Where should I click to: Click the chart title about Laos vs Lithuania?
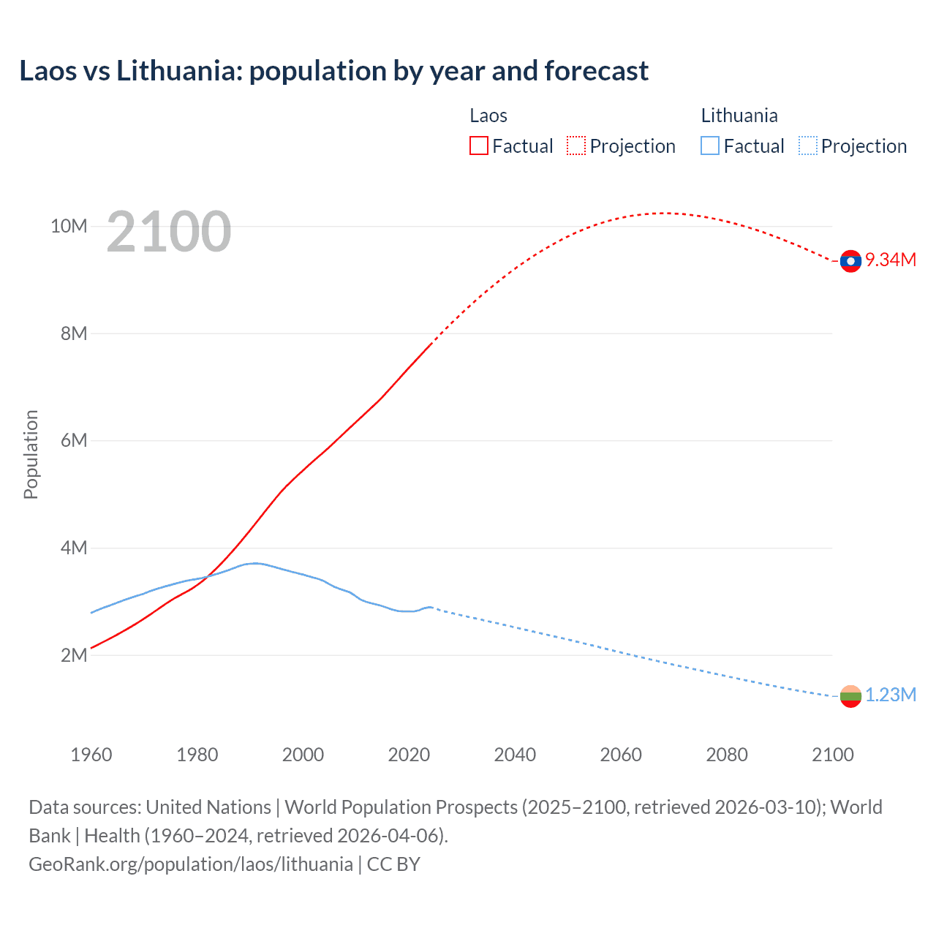[x=333, y=71]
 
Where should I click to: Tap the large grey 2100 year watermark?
[x=169, y=232]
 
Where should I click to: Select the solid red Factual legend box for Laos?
[x=478, y=146]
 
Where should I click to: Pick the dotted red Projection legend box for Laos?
[x=575, y=146]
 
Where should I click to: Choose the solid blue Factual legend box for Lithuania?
[x=709, y=146]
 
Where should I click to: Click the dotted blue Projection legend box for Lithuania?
[x=807, y=146]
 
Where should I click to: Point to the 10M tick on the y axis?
[x=69, y=226]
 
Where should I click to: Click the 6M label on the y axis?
[x=74, y=440]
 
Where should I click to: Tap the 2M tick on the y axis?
[x=74, y=655]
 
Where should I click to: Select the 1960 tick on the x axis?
[x=91, y=755]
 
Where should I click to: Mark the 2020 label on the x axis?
[x=409, y=755]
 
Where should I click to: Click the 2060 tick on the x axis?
[x=621, y=755]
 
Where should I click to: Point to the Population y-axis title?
[x=31, y=454]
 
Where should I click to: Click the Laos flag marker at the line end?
[x=850, y=261]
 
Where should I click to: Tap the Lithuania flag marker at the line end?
[x=850, y=696]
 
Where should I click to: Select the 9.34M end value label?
[x=891, y=260]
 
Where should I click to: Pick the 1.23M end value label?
[x=891, y=695]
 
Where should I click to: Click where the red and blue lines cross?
[x=208, y=576]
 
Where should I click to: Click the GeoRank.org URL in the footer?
[x=191, y=864]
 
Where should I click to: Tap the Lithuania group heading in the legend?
[x=739, y=116]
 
